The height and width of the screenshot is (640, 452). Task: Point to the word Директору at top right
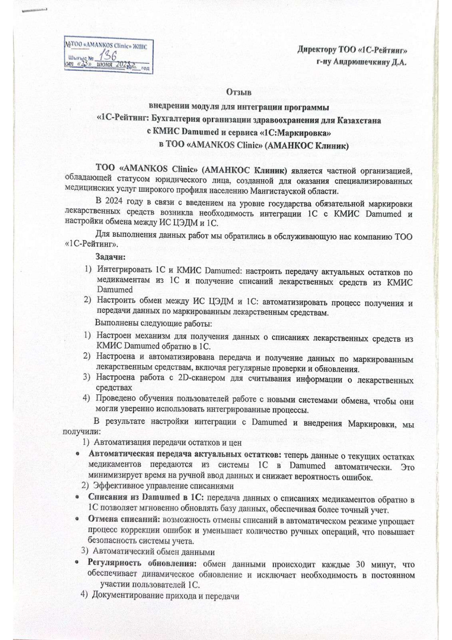coord(317,49)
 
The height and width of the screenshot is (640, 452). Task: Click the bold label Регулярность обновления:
coord(141,563)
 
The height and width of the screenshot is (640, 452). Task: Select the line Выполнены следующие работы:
coord(153,324)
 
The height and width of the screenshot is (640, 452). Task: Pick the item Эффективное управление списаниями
coord(163,486)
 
